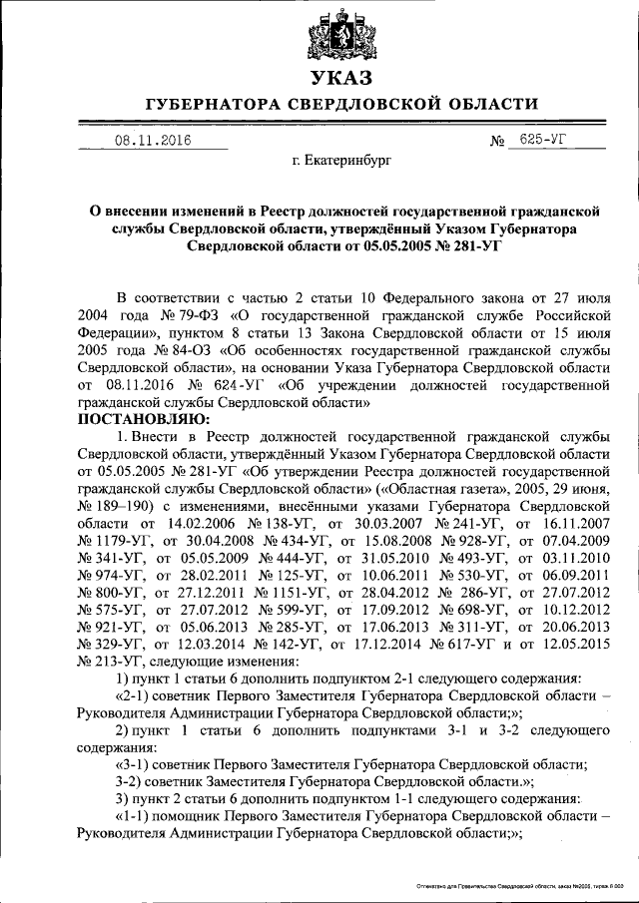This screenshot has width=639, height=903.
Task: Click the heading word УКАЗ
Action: tap(341, 78)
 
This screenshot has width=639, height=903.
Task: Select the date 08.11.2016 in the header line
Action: tap(152, 141)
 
